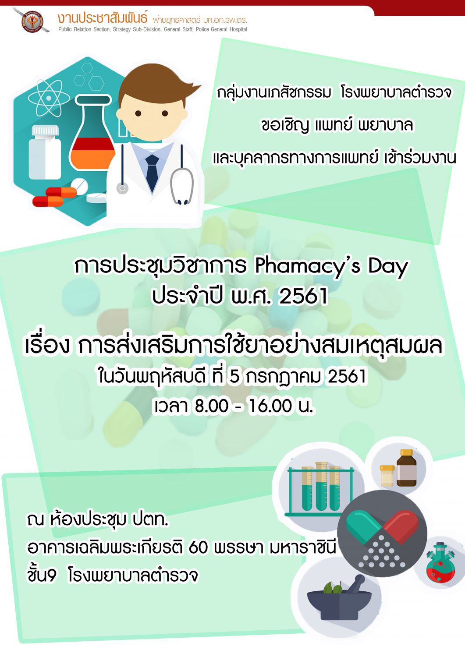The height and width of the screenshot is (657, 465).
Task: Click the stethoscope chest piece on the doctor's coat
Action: click(122, 188)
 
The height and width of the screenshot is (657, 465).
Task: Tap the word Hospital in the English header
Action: click(238, 29)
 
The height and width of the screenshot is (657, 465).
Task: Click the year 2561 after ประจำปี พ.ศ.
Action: click(303, 296)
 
